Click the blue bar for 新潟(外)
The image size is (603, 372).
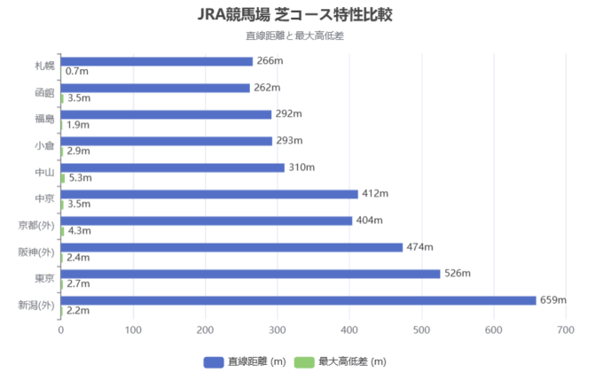(x=298, y=300)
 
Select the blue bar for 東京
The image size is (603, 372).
(x=250, y=274)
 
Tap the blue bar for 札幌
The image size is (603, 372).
(x=156, y=61)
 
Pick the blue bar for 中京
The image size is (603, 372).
(x=209, y=194)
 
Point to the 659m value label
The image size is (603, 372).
(x=553, y=300)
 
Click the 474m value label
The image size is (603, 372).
(x=419, y=247)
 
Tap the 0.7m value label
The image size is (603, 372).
(x=77, y=71)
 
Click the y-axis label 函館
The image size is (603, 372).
(x=44, y=92)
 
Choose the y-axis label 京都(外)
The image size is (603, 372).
(x=36, y=225)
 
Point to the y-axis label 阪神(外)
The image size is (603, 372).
(x=36, y=252)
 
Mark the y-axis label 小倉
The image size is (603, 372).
(x=44, y=145)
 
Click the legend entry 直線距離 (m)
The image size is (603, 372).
(x=247, y=360)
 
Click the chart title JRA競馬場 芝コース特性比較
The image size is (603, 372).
(x=301, y=16)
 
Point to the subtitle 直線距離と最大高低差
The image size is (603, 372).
(x=301, y=36)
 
